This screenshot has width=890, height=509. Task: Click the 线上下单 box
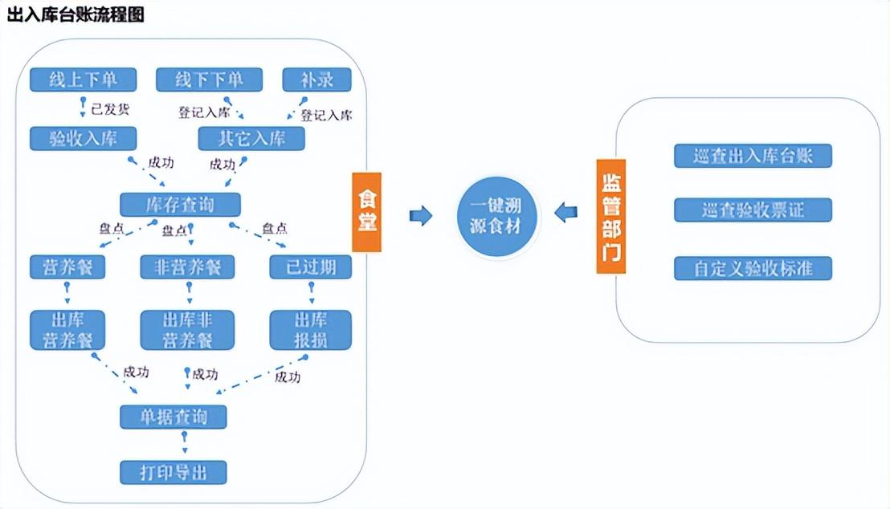(x=83, y=79)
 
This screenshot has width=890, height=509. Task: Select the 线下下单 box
(x=210, y=79)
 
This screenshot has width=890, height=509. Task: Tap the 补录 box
(x=307, y=79)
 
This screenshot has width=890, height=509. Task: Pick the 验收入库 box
(x=83, y=138)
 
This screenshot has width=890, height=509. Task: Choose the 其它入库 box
(x=252, y=138)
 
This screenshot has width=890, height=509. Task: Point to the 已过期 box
(x=310, y=267)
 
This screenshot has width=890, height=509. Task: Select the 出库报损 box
(x=310, y=329)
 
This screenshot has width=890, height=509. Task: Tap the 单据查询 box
(x=174, y=417)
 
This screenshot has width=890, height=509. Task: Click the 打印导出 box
(x=174, y=472)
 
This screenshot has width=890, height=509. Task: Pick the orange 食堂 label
(x=366, y=212)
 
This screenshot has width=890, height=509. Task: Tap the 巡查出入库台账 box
(x=753, y=156)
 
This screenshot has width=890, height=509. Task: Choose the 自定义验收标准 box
(x=753, y=268)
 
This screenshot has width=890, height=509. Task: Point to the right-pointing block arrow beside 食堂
(x=421, y=215)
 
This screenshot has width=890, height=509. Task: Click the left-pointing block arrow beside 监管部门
(x=565, y=213)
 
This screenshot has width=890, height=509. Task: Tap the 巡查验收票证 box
(x=753, y=210)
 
